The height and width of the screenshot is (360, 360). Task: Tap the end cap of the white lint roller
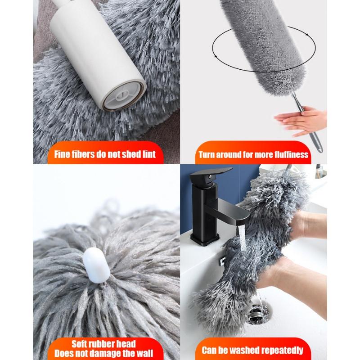[x=124, y=95]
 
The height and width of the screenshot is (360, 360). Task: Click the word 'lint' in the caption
[x=149, y=154]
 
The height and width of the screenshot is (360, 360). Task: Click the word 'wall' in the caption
[x=144, y=353]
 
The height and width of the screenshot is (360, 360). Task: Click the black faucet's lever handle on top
[x=211, y=173]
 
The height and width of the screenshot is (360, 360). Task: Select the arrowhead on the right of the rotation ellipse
[x=307, y=35]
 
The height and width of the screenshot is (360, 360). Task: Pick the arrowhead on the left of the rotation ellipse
[x=216, y=56]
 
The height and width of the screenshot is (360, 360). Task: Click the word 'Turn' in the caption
[x=207, y=155]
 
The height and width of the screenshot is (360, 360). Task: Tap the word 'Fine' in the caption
[x=62, y=154]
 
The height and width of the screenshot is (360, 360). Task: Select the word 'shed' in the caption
[x=131, y=154]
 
